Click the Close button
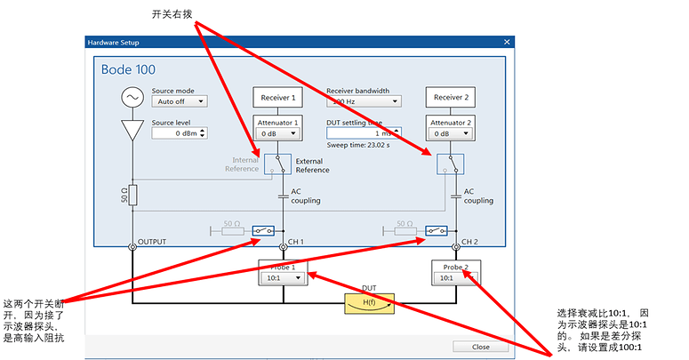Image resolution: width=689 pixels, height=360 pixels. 480,346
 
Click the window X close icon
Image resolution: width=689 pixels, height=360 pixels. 507,42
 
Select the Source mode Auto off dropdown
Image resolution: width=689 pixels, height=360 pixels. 179,101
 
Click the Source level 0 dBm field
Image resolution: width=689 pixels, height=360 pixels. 179,133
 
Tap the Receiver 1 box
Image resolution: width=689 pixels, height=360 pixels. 278,98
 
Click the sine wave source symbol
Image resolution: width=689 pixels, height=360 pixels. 132,96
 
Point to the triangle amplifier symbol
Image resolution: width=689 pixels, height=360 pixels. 132,131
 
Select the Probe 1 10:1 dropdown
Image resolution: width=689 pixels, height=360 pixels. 283,277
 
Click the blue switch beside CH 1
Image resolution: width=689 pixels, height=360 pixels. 262,230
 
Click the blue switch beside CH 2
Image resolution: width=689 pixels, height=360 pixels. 435,230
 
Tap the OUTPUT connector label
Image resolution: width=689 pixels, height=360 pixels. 153,241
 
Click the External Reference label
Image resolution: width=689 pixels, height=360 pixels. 313,165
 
